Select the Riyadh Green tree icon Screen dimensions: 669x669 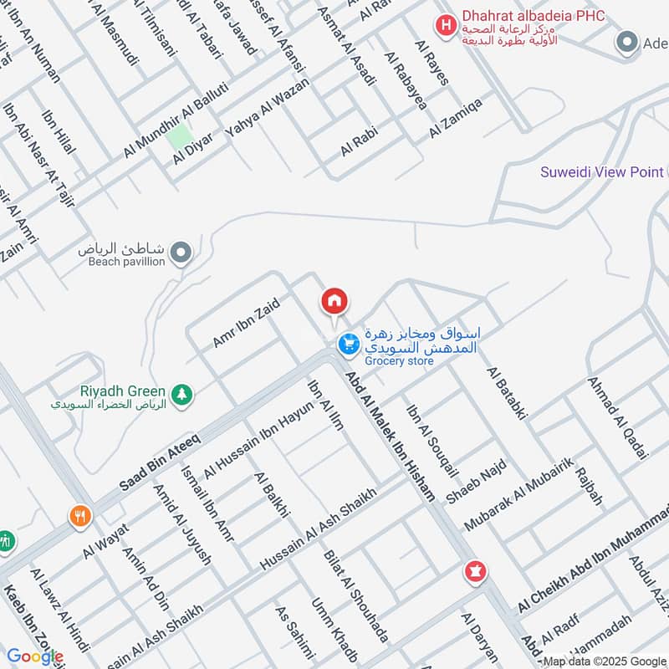point(181,392)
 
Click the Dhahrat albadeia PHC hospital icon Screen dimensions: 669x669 point(446,25)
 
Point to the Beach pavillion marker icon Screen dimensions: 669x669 point(180,251)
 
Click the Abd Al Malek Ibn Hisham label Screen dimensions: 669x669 point(391,437)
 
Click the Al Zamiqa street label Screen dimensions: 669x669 point(456,118)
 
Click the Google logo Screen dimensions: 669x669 point(35,656)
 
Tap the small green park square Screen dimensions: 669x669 point(178,136)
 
